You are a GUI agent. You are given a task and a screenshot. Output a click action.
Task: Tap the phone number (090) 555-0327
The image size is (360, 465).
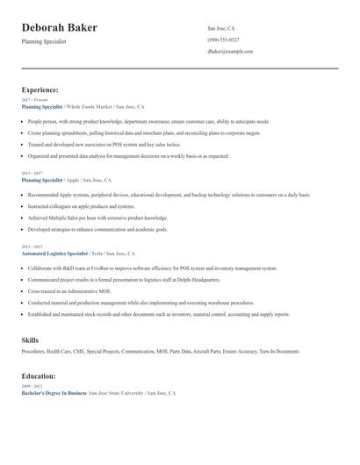coord(223,39)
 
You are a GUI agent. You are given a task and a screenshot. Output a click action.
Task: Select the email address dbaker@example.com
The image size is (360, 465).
coord(230,52)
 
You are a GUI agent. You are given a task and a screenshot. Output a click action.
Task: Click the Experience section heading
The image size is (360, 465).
coord(40,89)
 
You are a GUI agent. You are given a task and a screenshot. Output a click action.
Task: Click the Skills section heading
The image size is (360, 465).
coord(30,339)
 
